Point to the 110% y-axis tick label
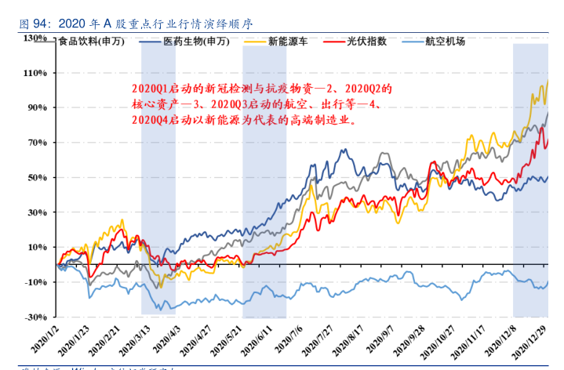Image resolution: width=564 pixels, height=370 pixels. (36, 73)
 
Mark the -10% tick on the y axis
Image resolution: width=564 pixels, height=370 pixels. (37, 282)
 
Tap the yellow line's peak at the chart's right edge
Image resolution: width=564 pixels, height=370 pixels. (548, 80)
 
